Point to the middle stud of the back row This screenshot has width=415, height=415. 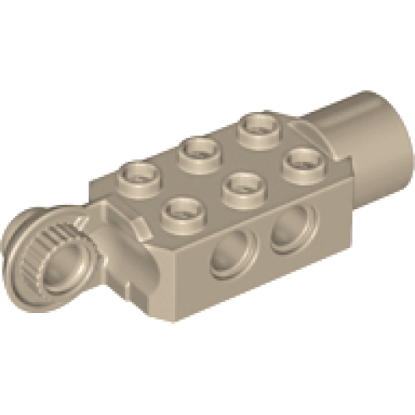(x=199, y=149)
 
